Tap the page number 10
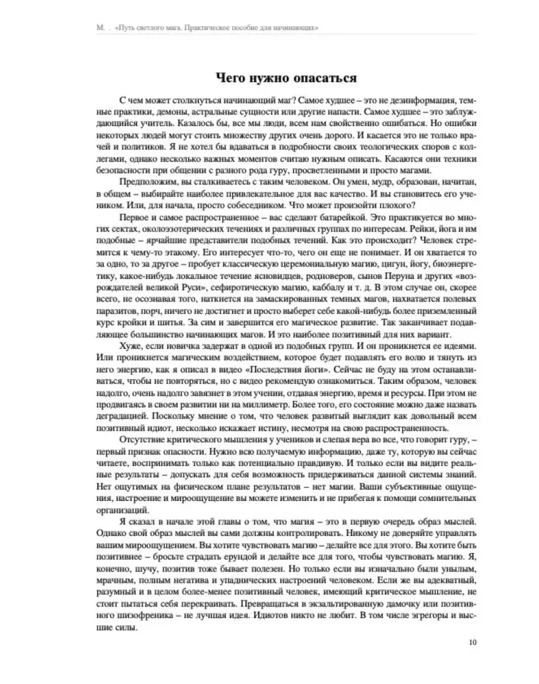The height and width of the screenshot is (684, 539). coord(471,641)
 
